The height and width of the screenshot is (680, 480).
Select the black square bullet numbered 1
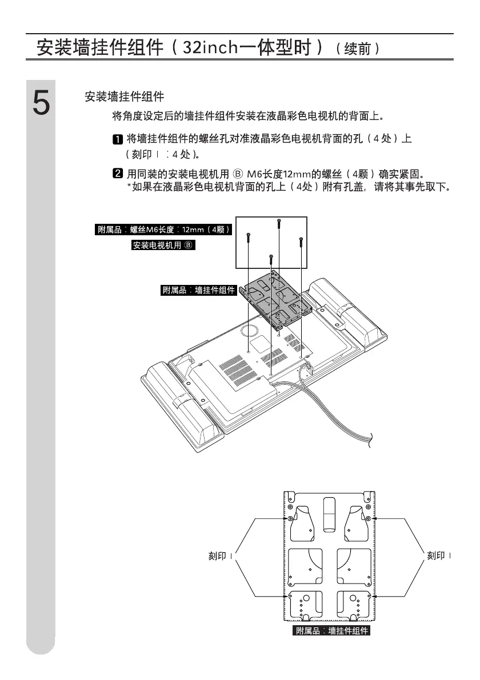(117, 139)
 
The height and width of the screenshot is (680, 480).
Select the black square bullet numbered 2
(117, 173)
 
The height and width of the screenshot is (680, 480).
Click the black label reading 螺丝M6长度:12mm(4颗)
(163, 230)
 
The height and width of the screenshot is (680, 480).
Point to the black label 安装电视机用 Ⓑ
(163, 246)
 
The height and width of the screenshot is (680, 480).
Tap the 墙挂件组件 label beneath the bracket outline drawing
(331, 631)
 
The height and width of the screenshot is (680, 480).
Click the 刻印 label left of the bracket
(219, 556)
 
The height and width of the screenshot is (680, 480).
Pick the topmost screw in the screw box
(278, 224)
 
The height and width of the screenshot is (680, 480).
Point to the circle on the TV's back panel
(249, 330)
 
